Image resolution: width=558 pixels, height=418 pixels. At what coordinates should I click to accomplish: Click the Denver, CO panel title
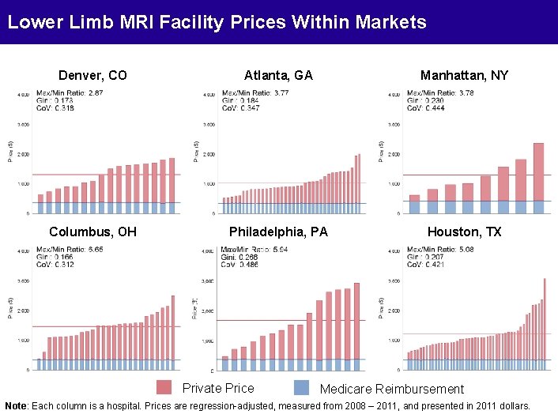[92, 76]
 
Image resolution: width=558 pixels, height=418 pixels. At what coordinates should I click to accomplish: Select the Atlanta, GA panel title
[278, 76]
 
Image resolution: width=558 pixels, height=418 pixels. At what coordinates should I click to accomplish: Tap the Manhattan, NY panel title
[464, 76]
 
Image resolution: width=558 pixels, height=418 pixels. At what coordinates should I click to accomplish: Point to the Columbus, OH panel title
[92, 232]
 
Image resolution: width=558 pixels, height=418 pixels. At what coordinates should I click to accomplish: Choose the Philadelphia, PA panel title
[278, 232]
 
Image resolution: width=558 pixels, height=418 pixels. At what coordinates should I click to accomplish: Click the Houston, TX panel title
[464, 232]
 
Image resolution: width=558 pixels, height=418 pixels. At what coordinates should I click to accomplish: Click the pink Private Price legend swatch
[164, 388]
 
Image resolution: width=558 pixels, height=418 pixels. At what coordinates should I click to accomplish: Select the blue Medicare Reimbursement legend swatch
[301, 388]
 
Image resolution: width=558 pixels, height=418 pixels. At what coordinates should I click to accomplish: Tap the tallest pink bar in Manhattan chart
[538, 172]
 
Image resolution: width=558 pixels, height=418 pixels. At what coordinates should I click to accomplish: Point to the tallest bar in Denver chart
[172, 180]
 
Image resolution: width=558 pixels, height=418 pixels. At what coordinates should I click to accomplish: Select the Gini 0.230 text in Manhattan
[426, 100]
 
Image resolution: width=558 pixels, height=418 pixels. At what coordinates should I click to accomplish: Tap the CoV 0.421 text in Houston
[426, 265]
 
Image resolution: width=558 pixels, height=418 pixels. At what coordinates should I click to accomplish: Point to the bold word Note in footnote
[16, 405]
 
